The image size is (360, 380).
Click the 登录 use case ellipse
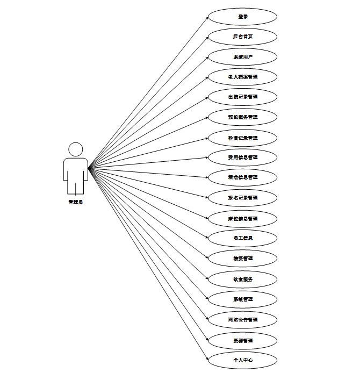coord(243,16)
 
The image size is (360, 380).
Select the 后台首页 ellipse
coord(243,37)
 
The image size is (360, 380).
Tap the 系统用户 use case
coord(243,57)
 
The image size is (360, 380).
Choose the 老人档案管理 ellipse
coord(243,77)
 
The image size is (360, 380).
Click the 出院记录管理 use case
coord(243,97)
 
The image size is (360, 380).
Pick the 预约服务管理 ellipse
coord(243,117)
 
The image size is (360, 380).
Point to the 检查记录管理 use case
coord(243,138)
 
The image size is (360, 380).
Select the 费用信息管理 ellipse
coord(243,157)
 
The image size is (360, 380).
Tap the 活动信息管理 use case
coord(243,177)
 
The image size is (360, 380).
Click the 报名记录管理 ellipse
coord(243,198)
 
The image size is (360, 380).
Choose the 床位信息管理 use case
coord(243,218)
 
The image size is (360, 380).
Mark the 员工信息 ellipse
coord(243,238)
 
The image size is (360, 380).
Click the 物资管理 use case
coord(243,259)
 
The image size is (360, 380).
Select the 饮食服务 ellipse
coord(243,279)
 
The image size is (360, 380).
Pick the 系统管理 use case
coord(243,299)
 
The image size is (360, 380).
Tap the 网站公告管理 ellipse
coord(243,320)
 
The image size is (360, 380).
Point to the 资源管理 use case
coord(243,340)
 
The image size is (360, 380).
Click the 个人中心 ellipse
coord(243,360)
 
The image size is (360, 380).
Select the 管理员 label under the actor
coord(76,202)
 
